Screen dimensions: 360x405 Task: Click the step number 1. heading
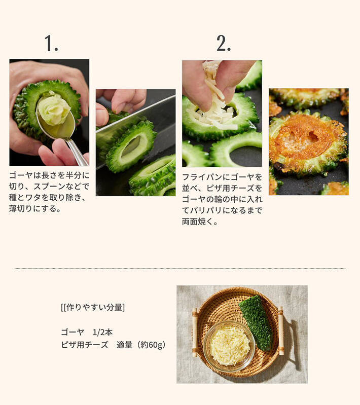point(51,43)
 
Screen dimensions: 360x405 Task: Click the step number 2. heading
point(224,43)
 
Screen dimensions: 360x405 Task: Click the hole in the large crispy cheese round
point(313,135)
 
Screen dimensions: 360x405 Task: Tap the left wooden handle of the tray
point(195,333)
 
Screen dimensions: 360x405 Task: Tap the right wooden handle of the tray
point(281,330)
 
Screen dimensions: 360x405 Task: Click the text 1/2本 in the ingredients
point(102,332)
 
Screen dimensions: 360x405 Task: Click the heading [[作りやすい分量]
point(93,307)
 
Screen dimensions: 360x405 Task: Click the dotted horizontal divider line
point(180,269)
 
